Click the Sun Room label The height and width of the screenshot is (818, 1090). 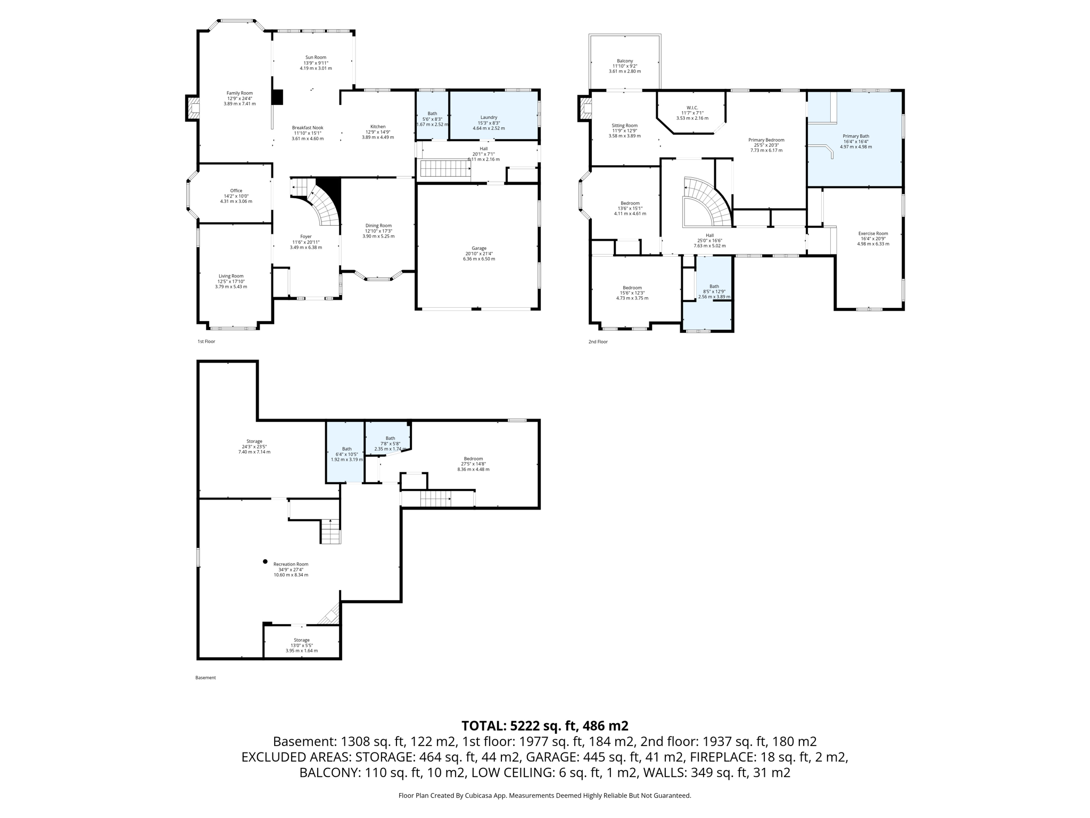click(316, 58)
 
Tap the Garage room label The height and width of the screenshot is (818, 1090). click(479, 248)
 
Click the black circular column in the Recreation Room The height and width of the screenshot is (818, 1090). click(265, 561)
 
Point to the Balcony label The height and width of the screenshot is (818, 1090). click(625, 61)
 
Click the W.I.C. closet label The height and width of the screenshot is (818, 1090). click(692, 108)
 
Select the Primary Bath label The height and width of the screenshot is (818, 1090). click(856, 136)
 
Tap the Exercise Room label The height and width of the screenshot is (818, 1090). click(873, 233)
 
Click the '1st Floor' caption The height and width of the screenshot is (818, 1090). click(207, 341)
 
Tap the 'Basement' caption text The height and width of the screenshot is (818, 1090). click(205, 678)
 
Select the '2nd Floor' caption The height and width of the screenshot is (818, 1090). click(598, 342)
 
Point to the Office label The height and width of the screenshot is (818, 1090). click(236, 191)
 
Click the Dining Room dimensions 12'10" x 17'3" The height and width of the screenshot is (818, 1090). click(378, 231)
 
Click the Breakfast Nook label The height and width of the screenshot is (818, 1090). click(307, 128)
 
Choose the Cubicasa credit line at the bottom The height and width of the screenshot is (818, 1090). click(544, 796)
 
